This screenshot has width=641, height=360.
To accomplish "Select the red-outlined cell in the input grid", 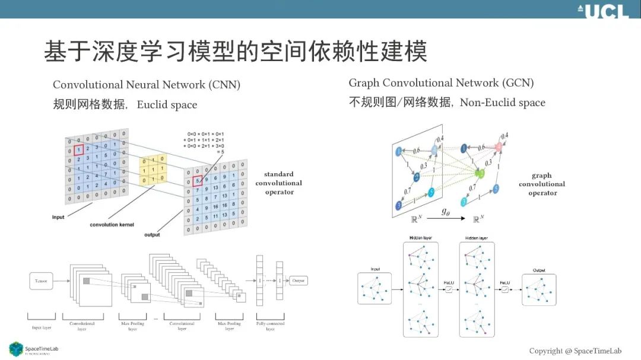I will pyautogui.click(x=79, y=149).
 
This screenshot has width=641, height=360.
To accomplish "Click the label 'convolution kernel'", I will pyautogui.click(x=112, y=225).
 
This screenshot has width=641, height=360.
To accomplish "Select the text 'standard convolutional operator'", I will pyautogui.click(x=279, y=183).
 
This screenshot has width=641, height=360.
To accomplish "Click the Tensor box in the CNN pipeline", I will pyautogui.click(x=41, y=281).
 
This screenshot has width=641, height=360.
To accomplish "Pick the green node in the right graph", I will pyautogui.click(x=480, y=174).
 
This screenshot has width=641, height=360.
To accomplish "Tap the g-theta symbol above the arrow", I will pyautogui.click(x=445, y=212).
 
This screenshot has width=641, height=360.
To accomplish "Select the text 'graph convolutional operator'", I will pyautogui.click(x=542, y=184).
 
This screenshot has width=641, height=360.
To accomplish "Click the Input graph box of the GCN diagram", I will pyautogui.click(x=375, y=289).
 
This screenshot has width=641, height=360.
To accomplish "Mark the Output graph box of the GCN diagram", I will pyautogui.click(x=539, y=289).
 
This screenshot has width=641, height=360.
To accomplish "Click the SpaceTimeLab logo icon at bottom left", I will pyautogui.click(x=15, y=349).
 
